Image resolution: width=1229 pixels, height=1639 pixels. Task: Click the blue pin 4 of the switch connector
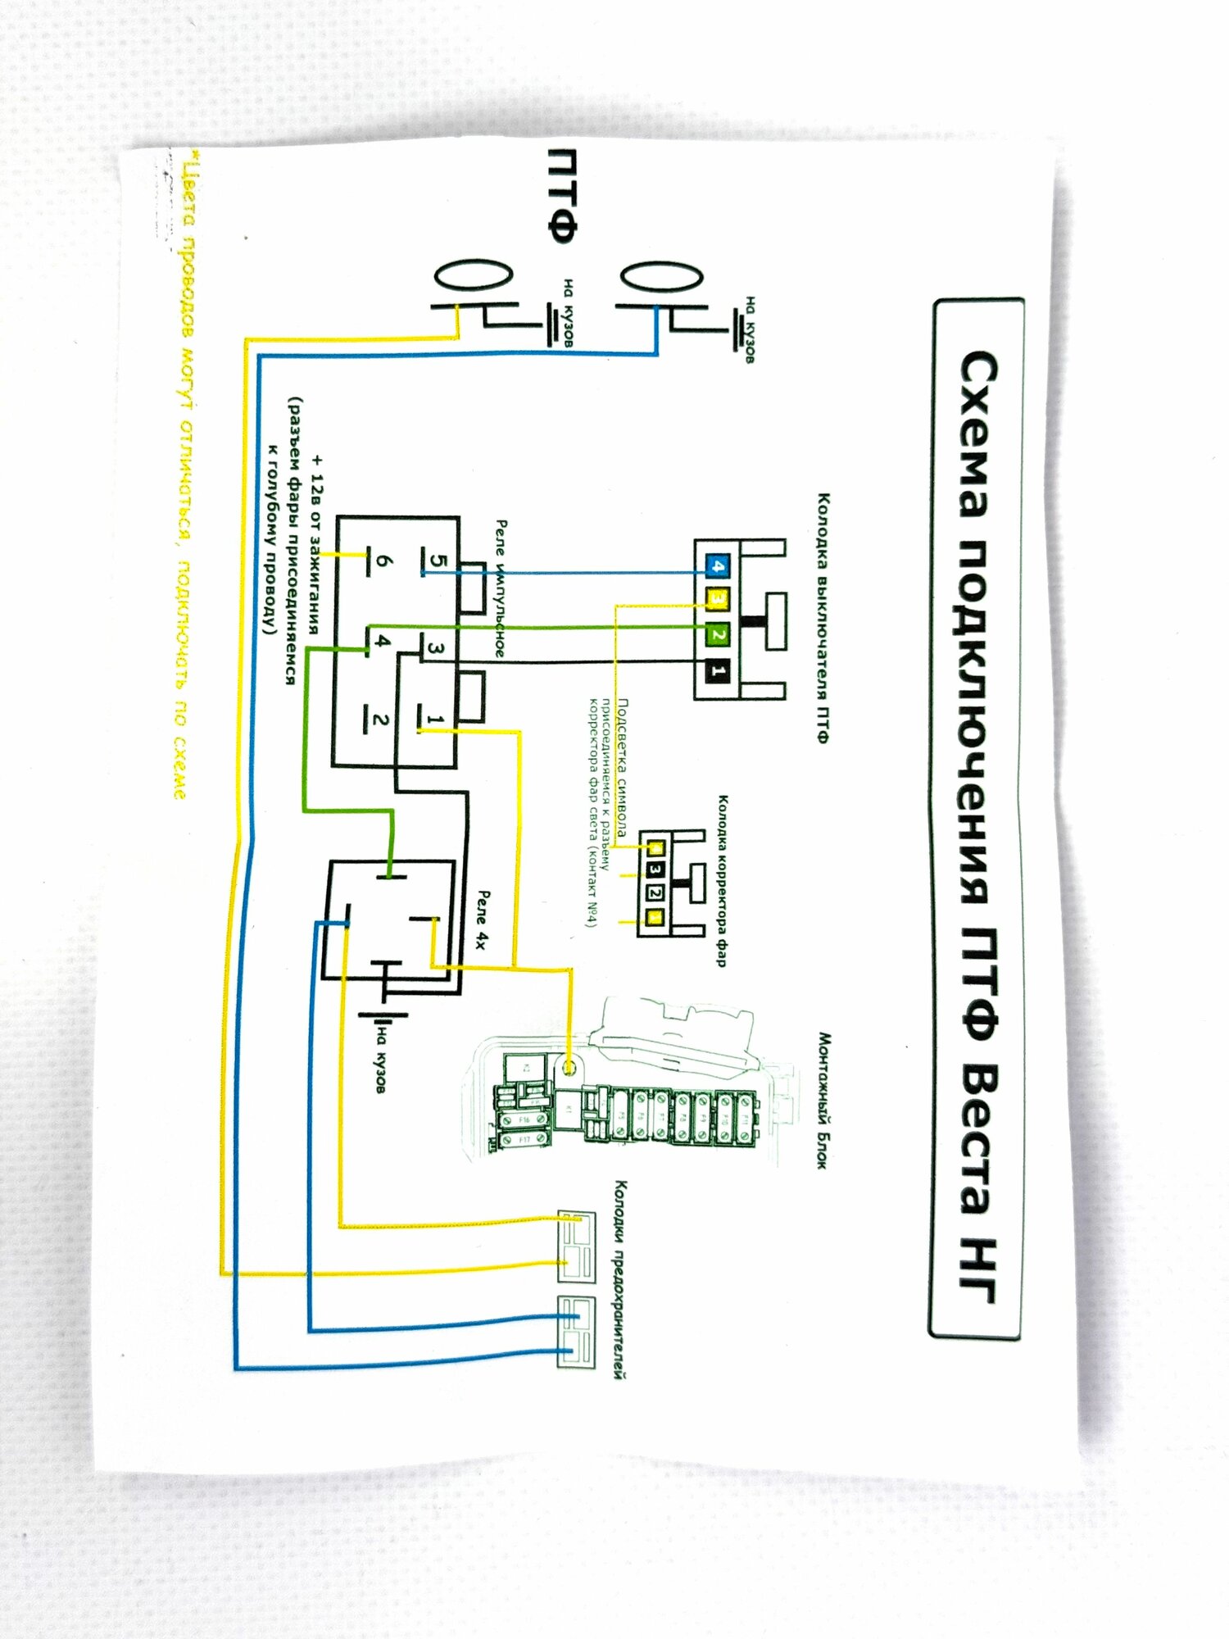pyautogui.click(x=718, y=566)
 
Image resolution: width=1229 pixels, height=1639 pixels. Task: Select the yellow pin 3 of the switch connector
pyautogui.click(x=718, y=601)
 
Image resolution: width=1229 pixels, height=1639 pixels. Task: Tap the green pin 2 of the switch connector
pyautogui.click(x=718, y=635)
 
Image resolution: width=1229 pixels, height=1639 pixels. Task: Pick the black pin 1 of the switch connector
pyautogui.click(x=718, y=672)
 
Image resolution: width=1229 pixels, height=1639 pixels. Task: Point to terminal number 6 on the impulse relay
pyautogui.click(x=383, y=562)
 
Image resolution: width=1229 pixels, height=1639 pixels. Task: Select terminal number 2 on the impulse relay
pyautogui.click(x=379, y=720)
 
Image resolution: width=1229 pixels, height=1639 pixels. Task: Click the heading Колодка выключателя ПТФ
pyautogui.click(x=823, y=618)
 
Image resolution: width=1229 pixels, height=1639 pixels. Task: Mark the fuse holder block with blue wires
pyautogui.click(x=576, y=1331)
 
